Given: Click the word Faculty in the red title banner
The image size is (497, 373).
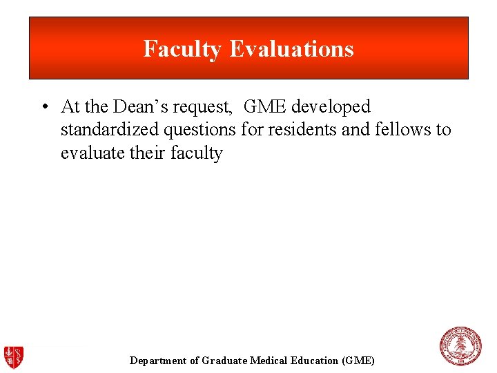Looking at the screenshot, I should click(x=182, y=49).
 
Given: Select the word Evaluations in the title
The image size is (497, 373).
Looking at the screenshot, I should click(x=291, y=49).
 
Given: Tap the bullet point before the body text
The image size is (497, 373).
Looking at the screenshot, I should click(x=43, y=107).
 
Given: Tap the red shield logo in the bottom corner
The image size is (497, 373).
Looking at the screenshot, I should click(x=14, y=357).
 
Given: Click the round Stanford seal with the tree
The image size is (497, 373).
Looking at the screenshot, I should click(x=460, y=346).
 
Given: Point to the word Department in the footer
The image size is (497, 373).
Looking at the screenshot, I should click(x=158, y=361).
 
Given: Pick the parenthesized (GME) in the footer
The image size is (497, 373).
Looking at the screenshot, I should click(x=358, y=361).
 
